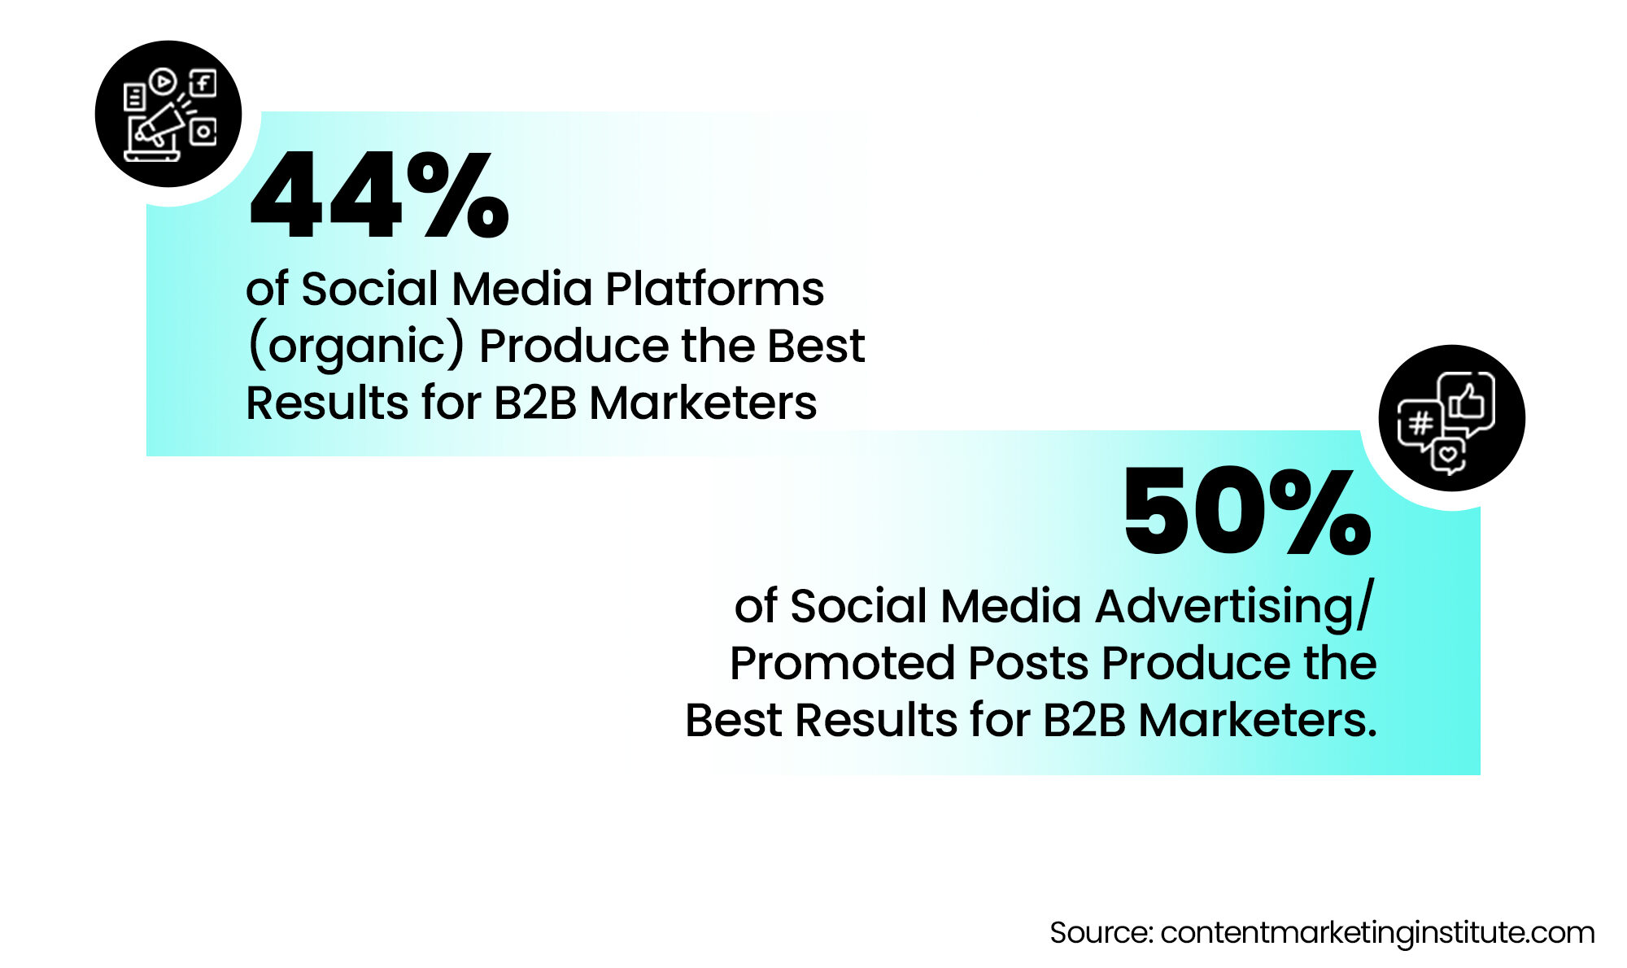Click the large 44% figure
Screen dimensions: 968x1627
[x=378, y=197]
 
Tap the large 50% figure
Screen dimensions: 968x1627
[x=1247, y=512]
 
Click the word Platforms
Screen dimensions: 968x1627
[x=714, y=289]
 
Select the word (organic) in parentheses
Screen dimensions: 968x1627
[x=355, y=347]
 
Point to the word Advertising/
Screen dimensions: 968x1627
[x=1233, y=607]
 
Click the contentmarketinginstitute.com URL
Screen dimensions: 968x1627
[x=1376, y=933]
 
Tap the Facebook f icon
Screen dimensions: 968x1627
[x=203, y=83]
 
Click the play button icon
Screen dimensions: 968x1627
[x=163, y=81]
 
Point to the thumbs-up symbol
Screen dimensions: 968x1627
[x=1466, y=399]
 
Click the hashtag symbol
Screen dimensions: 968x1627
[x=1420, y=423]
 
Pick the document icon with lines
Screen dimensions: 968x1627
[x=133, y=98]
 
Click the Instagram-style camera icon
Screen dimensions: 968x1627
[x=203, y=131]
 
